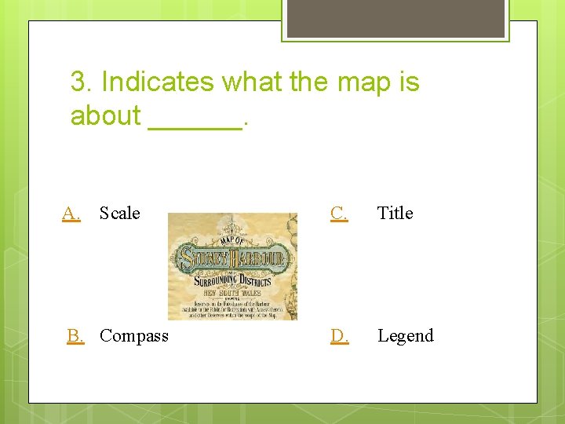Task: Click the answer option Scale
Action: click(119, 213)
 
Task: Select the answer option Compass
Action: click(133, 336)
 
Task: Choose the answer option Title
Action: click(395, 213)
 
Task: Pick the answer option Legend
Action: click(405, 336)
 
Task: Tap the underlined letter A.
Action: click(71, 213)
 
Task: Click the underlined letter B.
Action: click(75, 336)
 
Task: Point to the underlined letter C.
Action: click(340, 213)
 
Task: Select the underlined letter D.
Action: click(340, 336)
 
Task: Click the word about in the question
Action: click(105, 115)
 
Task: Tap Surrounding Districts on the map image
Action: click(233, 280)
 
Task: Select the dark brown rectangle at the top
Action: click(395, 18)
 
